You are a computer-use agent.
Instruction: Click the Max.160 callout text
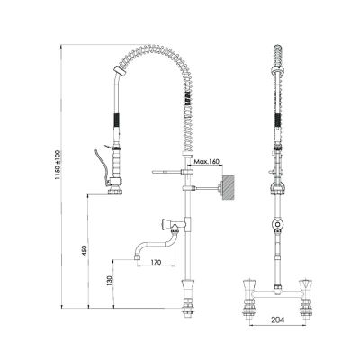point(207,162)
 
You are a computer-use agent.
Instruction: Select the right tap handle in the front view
point(304,288)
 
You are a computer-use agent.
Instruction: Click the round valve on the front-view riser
point(277,222)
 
